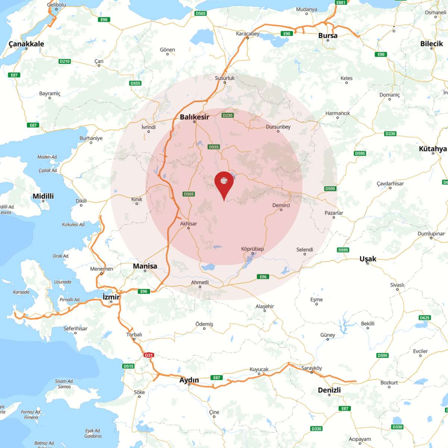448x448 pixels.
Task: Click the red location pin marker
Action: click(224, 183)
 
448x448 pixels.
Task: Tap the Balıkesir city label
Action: click(195, 117)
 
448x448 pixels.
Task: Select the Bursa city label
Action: click(328, 35)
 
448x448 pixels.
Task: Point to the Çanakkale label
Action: click(26, 44)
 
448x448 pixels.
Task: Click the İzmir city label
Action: click(111, 297)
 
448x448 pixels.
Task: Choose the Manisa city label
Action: click(145, 266)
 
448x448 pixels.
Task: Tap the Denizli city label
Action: click(329, 390)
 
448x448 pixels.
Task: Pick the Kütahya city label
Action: click(433, 149)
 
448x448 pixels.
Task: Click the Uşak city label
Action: click(368, 259)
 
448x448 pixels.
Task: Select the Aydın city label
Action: click(189, 380)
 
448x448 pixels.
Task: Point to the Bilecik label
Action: click(432, 43)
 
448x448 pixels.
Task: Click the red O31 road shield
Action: click(149, 355)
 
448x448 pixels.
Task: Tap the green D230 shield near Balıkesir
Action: click(227, 115)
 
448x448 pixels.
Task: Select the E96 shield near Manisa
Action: click(144, 291)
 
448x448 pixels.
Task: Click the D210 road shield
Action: click(65, 61)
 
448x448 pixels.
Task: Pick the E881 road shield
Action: click(341, 2)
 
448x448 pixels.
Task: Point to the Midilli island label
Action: click(43, 196)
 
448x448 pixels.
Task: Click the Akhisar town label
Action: click(189, 224)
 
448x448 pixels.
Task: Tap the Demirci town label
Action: click(281, 205)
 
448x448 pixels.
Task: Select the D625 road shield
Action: click(424, 318)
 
